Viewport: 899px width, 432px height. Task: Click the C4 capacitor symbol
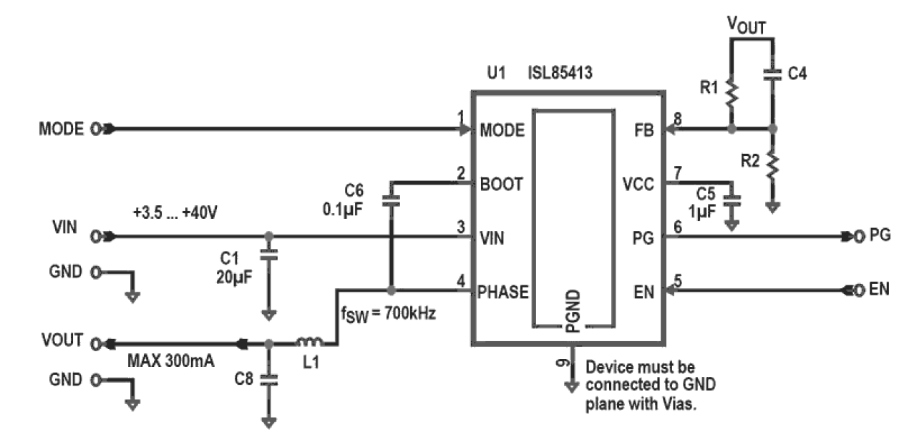[772, 74]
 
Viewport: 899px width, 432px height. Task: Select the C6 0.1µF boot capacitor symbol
[390, 202]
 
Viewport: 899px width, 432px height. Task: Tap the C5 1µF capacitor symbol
[731, 202]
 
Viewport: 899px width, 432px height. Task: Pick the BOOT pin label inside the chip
[501, 184]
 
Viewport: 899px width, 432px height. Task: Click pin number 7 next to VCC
[677, 174]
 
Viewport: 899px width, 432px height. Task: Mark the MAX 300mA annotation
[170, 361]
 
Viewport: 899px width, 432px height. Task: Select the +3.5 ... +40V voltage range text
[175, 213]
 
